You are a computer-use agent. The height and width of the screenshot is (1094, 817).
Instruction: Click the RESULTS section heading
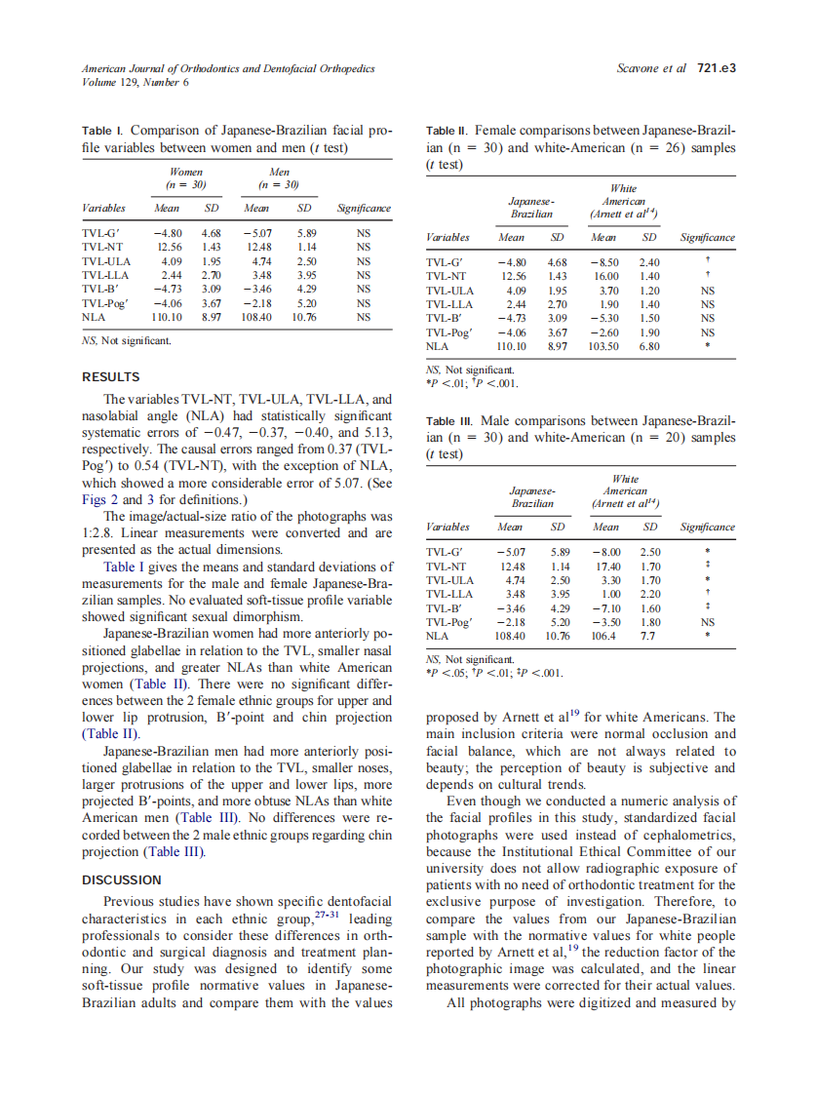coord(110,377)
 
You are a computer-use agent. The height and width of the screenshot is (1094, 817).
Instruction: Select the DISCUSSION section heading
coord(121,880)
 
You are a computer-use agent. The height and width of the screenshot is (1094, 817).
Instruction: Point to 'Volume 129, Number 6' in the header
coord(136,82)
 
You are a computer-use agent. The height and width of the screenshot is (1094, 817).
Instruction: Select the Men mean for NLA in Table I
coord(257,317)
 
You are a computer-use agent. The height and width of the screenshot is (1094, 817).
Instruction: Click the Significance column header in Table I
coord(363,209)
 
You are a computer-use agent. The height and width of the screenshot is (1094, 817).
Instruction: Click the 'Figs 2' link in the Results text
coord(97,499)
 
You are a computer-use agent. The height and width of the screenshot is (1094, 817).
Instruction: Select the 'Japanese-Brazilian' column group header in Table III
coord(532,496)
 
